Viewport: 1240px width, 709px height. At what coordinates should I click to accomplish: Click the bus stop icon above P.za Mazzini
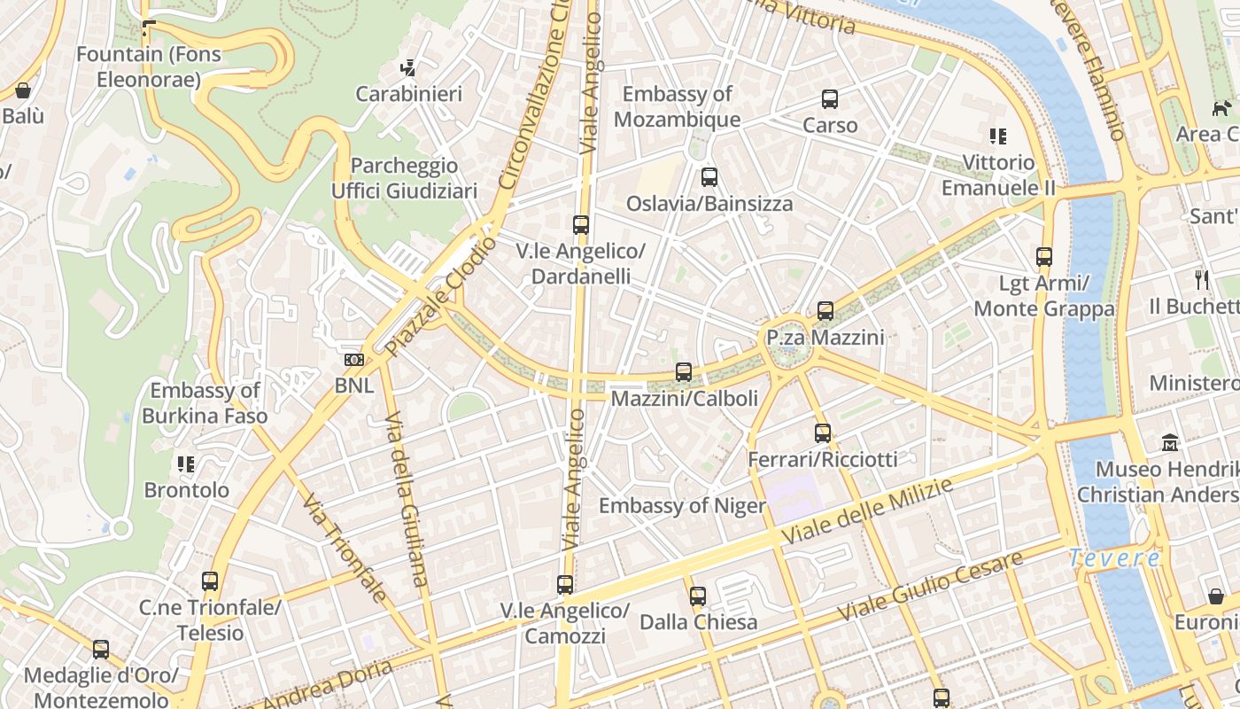825,311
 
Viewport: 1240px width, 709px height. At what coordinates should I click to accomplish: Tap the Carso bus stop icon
830,99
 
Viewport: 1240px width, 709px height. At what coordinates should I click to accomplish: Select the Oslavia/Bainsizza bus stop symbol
709,177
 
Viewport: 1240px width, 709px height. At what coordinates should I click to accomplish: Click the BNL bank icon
353,360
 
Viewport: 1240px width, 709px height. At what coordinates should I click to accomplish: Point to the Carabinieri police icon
408,67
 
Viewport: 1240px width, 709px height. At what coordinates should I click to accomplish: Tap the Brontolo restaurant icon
186,464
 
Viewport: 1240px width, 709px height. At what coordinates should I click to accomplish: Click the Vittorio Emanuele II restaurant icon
998,136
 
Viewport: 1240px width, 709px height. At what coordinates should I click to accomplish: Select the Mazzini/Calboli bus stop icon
684,372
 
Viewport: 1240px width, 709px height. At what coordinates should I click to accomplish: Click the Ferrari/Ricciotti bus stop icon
823,433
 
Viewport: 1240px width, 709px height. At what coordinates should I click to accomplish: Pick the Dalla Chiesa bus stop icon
698,596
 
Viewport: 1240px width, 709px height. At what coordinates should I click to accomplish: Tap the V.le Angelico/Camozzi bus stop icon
565,585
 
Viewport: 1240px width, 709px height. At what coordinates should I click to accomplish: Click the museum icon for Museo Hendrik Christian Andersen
1170,442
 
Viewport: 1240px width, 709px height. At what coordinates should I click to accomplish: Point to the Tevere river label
1114,558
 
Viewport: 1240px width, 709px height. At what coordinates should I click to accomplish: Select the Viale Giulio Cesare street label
930,585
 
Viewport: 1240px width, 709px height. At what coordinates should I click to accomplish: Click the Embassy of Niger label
682,506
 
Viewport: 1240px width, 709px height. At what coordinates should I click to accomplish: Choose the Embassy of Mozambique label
678,106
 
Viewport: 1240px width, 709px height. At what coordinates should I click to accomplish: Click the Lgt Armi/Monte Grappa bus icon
1044,258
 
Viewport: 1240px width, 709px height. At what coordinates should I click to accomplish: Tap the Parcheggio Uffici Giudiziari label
404,178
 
